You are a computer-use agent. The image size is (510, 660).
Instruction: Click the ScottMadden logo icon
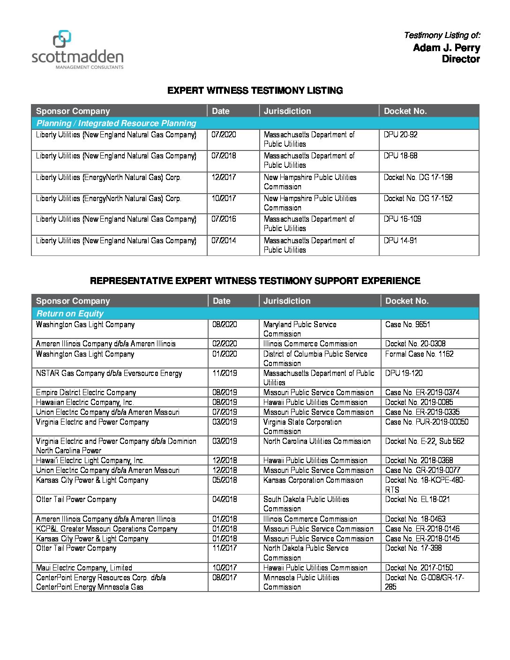click(62, 39)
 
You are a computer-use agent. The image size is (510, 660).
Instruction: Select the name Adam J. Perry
click(446, 48)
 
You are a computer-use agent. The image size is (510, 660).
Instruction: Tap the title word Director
click(461, 59)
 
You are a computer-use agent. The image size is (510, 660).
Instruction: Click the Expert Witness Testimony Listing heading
click(255, 90)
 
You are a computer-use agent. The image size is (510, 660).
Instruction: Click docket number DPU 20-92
click(400, 135)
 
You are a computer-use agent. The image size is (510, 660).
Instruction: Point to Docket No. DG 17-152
click(418, 198)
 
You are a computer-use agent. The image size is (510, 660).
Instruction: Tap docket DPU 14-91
click(400, 240)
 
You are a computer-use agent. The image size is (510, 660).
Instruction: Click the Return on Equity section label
click(70, 314)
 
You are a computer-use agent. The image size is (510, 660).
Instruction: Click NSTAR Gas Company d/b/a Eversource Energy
click(109, 373)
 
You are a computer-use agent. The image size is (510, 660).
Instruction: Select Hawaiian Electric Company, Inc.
click(85, 402)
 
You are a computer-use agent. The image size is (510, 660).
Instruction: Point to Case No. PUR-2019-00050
click(427, 422)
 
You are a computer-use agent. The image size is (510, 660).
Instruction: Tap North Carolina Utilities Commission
click(317, 441)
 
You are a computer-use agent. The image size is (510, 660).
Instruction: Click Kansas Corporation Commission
click(313, 480)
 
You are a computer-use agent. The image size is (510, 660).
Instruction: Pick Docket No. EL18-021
click(417, 499)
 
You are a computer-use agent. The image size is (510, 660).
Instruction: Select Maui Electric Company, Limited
click(84, 568)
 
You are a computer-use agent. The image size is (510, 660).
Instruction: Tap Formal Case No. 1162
click(419, 354)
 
